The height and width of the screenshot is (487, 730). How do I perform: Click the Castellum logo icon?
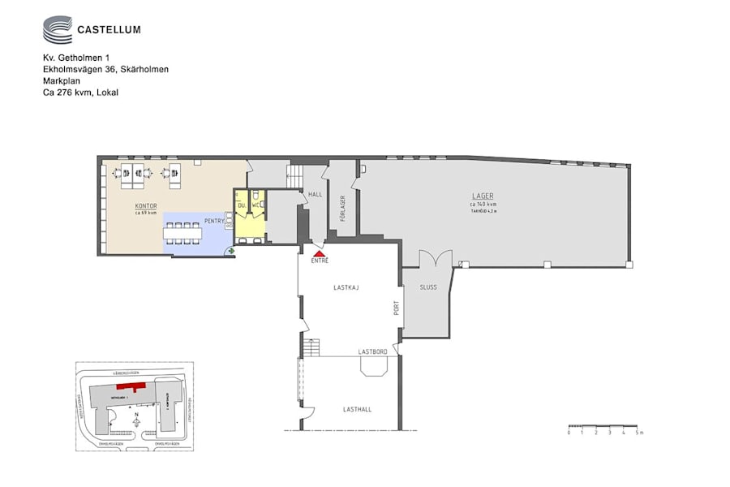pos(57,30)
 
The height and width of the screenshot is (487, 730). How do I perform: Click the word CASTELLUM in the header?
pos(109,30)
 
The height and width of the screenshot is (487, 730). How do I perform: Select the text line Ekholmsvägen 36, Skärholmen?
pos(105,70)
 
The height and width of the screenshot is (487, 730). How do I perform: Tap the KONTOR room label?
pos(146,206)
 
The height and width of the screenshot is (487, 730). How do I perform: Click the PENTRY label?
pos(213,220)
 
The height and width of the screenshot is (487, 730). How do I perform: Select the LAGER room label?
pos(483,196)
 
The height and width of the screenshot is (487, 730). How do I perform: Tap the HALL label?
pos(316,195)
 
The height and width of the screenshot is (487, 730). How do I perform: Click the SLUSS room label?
pos(427,287)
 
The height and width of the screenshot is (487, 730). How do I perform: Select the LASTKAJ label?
pos(346,287)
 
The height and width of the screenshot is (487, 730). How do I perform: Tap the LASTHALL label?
pos(357,409)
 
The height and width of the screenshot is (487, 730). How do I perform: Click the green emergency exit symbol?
pos(232,252)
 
